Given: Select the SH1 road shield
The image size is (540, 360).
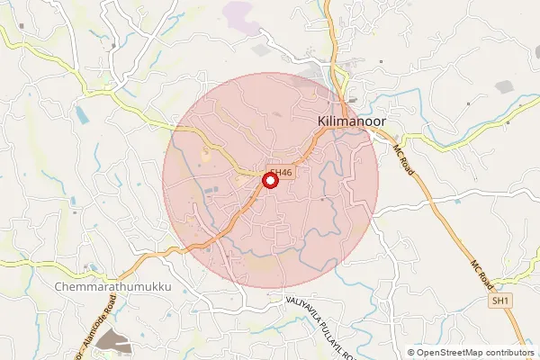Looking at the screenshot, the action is coord(501,301).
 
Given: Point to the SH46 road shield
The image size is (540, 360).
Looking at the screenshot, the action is coord(282,172).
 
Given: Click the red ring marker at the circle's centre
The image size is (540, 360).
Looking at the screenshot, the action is coord(269,181).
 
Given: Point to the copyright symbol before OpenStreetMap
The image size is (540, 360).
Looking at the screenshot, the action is coord(411,353).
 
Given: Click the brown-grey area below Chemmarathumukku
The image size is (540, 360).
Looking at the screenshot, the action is coord(112,339).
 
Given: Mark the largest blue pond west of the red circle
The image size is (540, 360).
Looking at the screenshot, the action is coord(83,114).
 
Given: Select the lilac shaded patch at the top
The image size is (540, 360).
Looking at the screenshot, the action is coord(238,13).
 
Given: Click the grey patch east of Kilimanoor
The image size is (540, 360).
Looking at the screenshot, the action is coord(504,87).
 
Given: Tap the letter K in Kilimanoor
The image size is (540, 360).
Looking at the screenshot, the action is coord(322,120).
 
